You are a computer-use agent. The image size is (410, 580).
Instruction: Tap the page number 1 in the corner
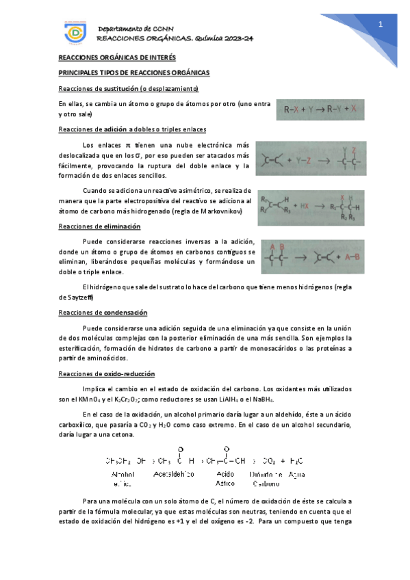coord(381,25)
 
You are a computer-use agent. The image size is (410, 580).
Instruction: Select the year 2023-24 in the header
coord(235,38)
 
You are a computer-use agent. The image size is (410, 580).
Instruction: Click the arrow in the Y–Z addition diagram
coord(331,160)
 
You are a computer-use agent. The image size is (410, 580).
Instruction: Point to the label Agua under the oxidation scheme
coord(297,473)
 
